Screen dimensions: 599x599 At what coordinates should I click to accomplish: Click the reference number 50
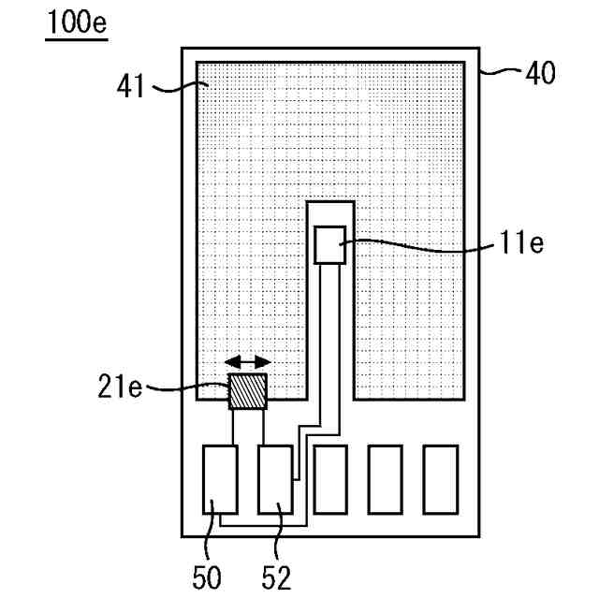pos(208,576)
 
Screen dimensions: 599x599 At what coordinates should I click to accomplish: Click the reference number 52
pos(277,576)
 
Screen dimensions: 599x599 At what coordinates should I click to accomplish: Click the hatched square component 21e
pos(248,391)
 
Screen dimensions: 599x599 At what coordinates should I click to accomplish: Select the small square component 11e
pos(329,244)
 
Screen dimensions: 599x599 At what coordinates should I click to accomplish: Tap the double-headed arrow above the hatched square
pos(248,362)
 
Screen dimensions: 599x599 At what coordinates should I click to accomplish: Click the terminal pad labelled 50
pos(220,478)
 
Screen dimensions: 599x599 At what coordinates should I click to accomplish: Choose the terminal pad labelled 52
pos(275,478)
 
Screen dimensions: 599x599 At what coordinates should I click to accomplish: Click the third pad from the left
pos(330,478)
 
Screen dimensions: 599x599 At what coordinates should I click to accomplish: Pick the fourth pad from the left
pos(385,478)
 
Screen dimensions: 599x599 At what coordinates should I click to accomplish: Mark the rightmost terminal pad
pos(440,478)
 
